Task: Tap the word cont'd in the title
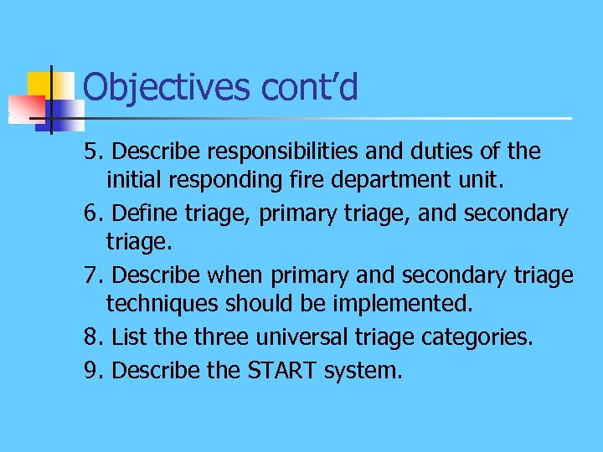point(309,87)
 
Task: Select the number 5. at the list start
point(94,152)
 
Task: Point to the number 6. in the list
point(94,214)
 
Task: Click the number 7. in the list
point(94,276)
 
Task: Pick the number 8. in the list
point(94,338)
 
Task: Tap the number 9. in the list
point(94,369)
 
